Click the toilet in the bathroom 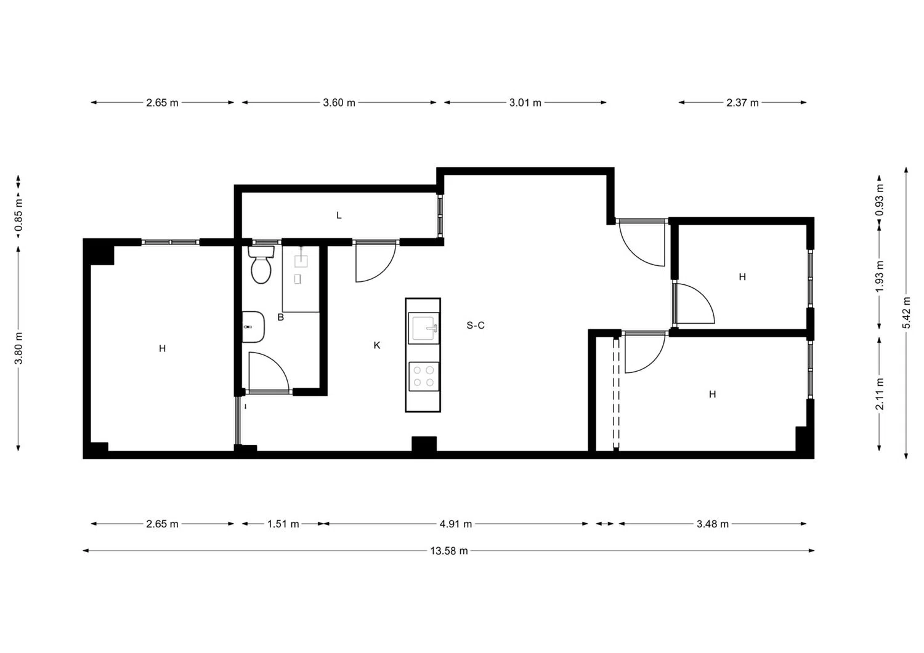coord(261,265)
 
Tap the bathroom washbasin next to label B coord(253,327)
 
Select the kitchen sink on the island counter coord(423,328)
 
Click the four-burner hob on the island coord(424,377)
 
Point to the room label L coord(339,215)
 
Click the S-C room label coord(475,325)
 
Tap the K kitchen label coord(376,345)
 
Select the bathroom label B coord(280,318)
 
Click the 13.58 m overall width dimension coord(449,551)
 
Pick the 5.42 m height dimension coord(906,312)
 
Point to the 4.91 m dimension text coord(455,524)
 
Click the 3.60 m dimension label coord(339,103)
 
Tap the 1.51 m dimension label coord(283,524)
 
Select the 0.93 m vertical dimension coord(880,200)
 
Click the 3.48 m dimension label coord(712,524)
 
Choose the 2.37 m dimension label coord(742,103)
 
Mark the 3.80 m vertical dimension coord(18,348)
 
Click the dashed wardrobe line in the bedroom coord(616,393)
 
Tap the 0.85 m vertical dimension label coord(18,215)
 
